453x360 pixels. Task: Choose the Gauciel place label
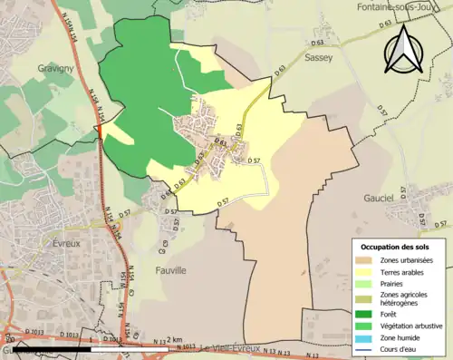pyautogui.click(x=401, y=198)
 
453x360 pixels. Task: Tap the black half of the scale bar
pyautogui.click(x=44, y=349)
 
